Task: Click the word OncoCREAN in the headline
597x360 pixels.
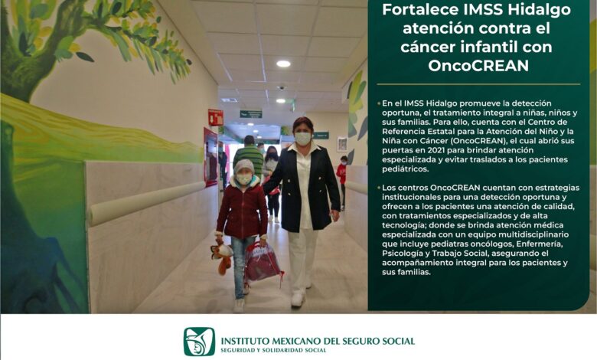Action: [478, 66]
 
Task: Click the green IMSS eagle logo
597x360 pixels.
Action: [199, 342]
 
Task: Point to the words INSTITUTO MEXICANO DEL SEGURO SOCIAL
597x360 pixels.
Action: [318, 341]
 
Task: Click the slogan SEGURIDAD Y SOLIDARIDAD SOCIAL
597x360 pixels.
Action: [273, 351]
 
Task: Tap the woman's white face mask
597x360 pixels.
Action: [302, 139]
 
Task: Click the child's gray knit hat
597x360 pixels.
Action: [243, 166]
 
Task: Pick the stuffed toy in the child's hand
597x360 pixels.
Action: [222, 256]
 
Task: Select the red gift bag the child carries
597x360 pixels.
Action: [262, 262]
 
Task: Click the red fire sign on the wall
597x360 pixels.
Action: [215, 117]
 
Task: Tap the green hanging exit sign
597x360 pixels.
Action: [250, 114]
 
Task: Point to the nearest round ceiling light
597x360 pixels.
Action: [283, 64]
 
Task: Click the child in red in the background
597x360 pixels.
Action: [342, 180]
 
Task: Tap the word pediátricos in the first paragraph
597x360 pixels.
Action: [405, 169]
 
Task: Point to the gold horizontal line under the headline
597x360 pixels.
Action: [478, 83]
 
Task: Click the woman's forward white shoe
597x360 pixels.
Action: [297, 299]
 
